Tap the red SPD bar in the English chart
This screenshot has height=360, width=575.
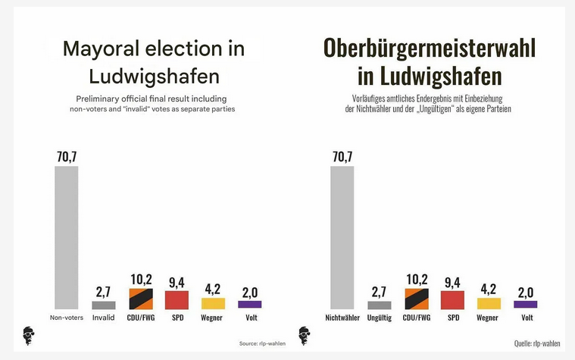(177, 299)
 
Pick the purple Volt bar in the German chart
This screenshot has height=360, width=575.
(526, 304)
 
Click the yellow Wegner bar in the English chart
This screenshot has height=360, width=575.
(213, 303)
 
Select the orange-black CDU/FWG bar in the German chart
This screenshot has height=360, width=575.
(416, 299)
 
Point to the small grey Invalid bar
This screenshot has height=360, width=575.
(104, 305)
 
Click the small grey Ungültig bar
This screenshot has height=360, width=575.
(379, 305)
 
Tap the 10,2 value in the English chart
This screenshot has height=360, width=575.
(140, 279)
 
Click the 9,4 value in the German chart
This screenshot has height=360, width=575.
(452, 282)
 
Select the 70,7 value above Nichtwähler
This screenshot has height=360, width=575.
(342, 157)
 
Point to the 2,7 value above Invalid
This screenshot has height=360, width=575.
(104, 292)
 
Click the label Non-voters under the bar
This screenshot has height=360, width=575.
(66, 318)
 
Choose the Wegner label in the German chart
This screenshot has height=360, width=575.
(489, 318)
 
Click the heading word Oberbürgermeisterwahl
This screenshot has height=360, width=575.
(430, 50)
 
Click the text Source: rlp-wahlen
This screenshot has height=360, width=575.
(262, 343)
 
